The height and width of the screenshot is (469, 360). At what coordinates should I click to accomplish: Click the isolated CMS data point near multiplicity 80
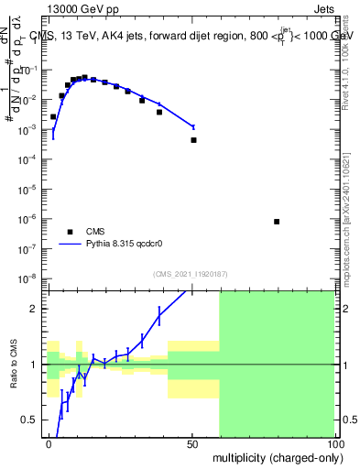(x=277, y=222)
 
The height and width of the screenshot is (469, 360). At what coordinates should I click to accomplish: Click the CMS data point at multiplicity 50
(x=193, y=140)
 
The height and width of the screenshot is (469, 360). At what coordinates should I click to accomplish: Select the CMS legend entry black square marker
(x=71, y=232)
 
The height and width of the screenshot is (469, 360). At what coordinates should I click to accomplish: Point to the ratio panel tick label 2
(x=36, y=309)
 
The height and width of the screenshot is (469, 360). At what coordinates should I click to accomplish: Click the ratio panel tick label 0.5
(x=32, y=420)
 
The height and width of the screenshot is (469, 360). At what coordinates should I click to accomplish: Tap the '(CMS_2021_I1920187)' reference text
(x=190, y=274)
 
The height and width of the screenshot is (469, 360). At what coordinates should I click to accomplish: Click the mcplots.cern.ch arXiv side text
(x=352, y=211)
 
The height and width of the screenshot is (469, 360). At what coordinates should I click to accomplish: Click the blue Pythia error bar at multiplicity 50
(x=193, y=126)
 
